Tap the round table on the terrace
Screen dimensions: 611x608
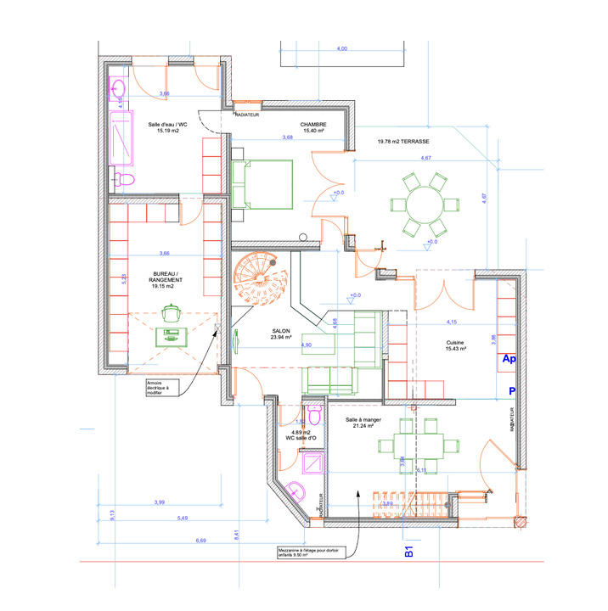[x=419, y=205]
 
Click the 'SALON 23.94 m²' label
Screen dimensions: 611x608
[x=281, y=334]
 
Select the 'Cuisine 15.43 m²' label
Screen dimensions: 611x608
[x=455, y=347]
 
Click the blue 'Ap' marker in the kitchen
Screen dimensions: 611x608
[x=509, y=360]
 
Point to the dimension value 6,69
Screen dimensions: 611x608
[x=200, y=540]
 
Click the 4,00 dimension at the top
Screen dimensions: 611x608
[x=341, y=49]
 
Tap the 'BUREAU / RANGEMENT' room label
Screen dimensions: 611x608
[x=166, y=281]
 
